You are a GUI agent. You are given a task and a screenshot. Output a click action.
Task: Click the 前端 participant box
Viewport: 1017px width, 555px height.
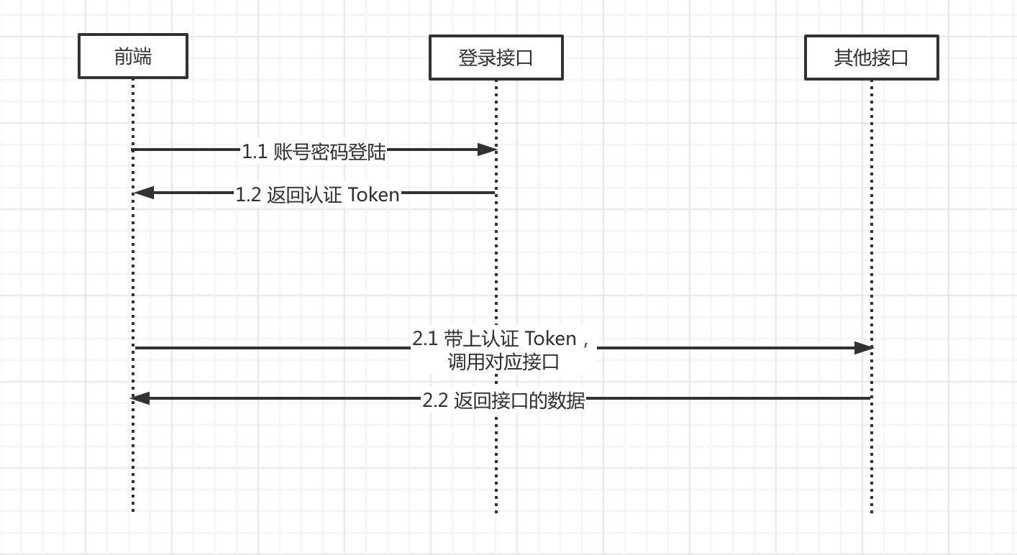[x=133, y=56]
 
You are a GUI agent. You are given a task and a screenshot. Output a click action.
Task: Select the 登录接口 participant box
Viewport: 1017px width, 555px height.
[x=496, y=58]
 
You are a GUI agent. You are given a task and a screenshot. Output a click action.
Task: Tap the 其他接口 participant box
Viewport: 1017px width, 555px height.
[x=871, y=58]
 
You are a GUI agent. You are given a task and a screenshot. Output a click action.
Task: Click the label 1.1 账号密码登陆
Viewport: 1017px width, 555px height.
[x=314, y=152]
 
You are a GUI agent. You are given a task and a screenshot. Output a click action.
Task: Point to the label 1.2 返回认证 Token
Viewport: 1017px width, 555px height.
[x=317, y=195]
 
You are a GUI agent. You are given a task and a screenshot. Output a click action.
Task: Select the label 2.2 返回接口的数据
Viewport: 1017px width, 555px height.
[x=503, y=400]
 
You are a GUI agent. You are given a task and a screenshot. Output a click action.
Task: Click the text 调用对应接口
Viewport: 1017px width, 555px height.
[x=503, y=362]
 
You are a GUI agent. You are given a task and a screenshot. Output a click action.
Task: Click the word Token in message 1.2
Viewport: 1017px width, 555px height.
[x=373, y=195]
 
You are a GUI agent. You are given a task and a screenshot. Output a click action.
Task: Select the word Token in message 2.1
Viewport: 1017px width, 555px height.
[x=550, y=338]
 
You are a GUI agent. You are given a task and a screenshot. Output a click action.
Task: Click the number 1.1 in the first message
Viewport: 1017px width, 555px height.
[x=254, y=152]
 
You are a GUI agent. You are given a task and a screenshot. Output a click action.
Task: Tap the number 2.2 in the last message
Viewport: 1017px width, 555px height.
[x=435, y=400]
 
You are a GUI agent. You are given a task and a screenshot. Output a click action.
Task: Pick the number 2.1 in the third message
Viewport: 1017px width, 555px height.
[x=425, y=338]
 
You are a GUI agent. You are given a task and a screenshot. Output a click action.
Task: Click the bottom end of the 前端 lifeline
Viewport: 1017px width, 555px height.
[x=133, y=510]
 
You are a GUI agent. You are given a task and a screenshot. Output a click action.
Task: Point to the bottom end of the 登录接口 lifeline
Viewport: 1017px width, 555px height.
[x=496, y=511]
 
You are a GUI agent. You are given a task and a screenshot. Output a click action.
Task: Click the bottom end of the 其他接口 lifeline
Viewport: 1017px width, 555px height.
[x=872, y=511]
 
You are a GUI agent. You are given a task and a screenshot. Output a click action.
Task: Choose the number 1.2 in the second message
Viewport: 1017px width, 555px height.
[x=248, y=195]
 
